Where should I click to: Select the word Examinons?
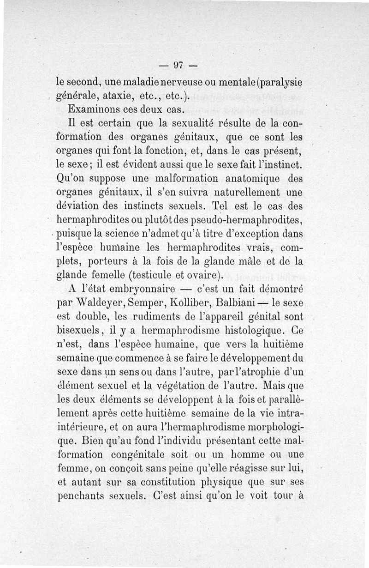pos(91,111)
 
